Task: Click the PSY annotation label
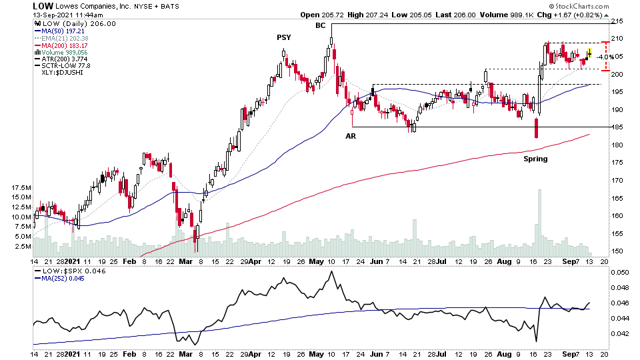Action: [284, 37]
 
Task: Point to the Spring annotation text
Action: [535, 159]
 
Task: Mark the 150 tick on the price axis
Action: [617, 251]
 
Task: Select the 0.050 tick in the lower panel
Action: [620, 273]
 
